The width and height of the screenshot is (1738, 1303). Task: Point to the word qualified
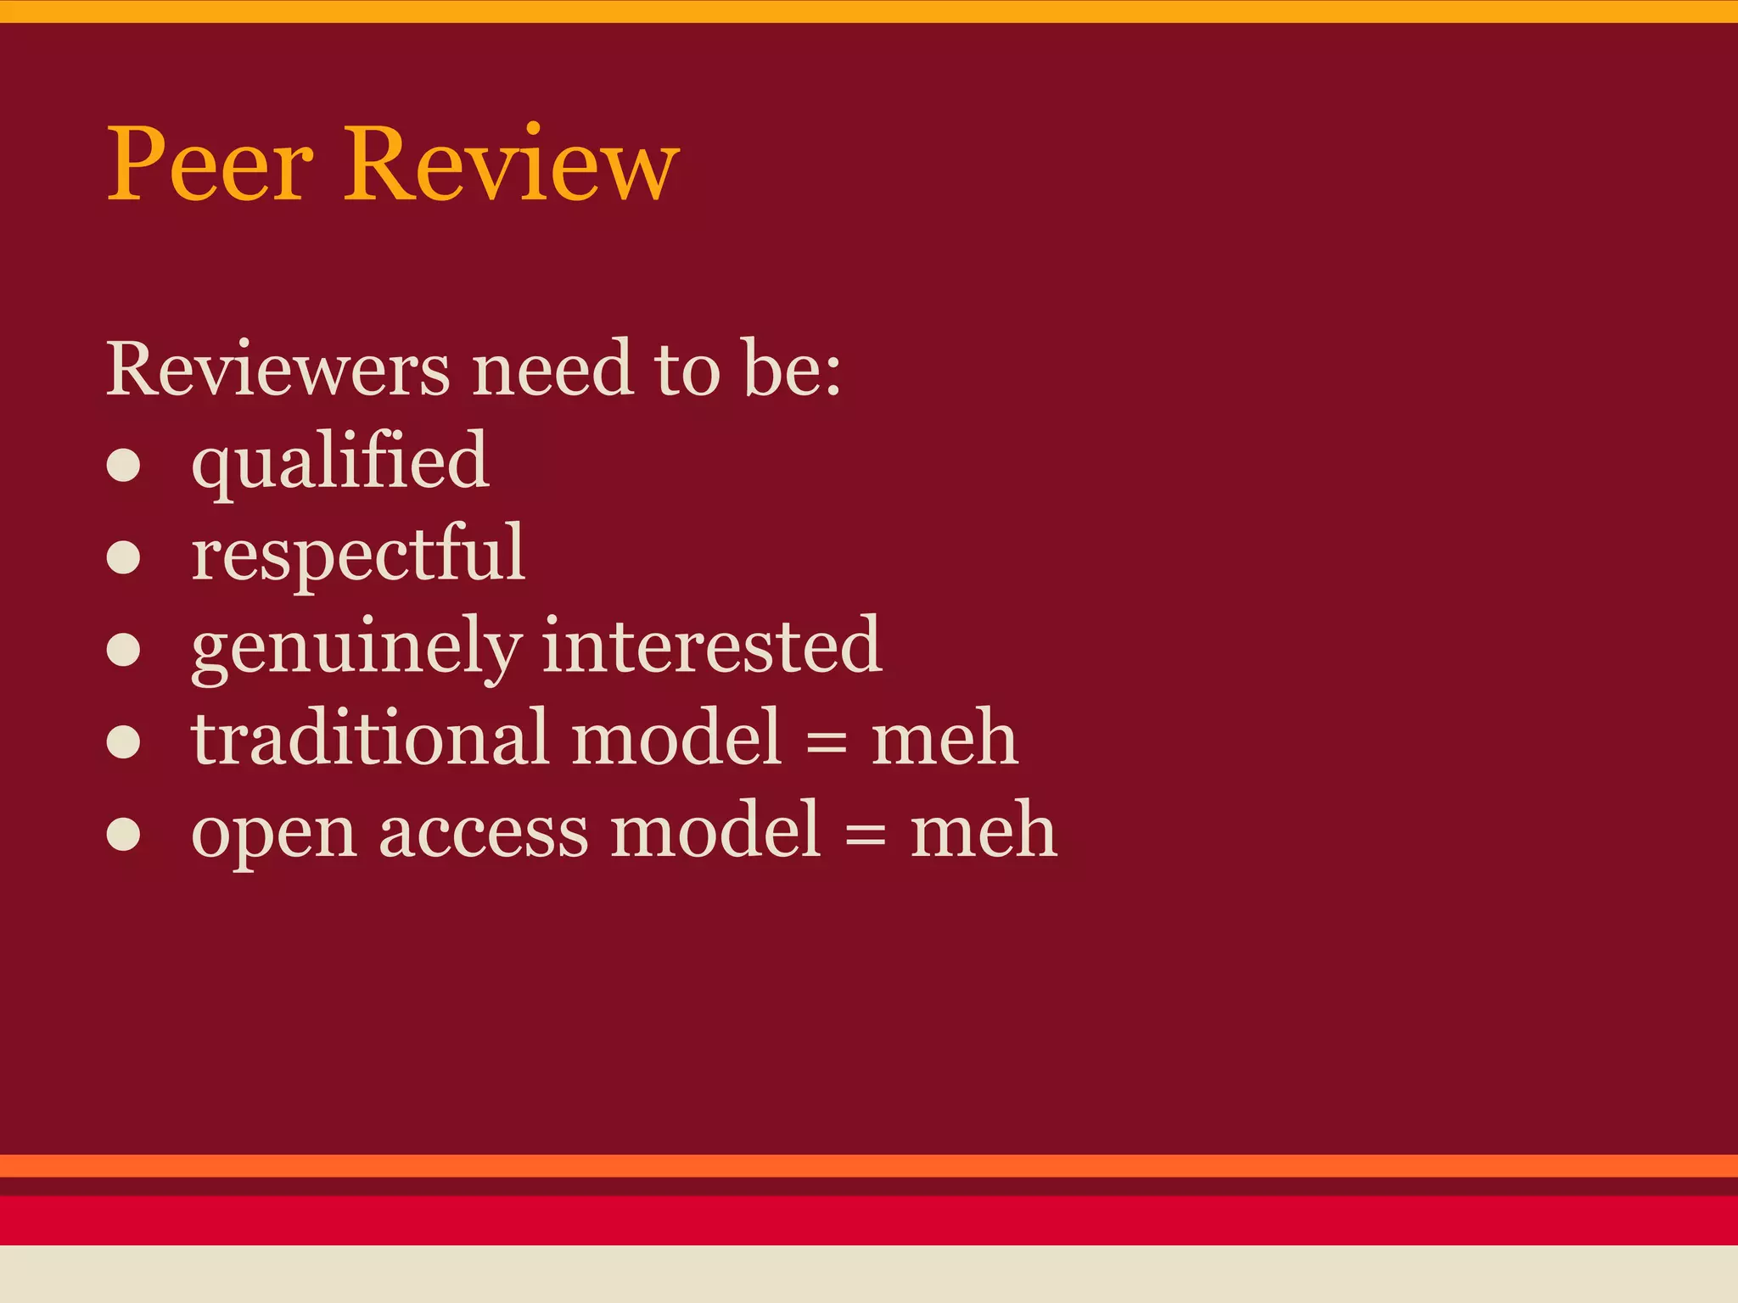[340, 462]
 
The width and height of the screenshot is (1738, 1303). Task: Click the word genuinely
[355, 647]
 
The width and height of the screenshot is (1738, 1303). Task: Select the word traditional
[371, 737]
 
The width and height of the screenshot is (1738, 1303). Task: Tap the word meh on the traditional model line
[945, 737]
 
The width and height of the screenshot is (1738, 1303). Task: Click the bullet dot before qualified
[124, 466]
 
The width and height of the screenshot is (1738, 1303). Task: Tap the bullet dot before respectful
[124, 558]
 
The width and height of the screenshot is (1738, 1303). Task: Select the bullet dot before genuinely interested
[124, 651]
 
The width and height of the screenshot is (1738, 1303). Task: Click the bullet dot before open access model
[124, 834]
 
